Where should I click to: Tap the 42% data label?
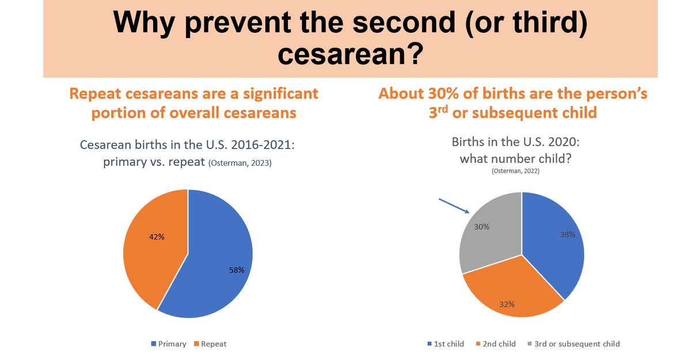pyautogui.click(x=157, y=237)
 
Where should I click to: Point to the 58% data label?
pyautogui.click(x=237, y=270)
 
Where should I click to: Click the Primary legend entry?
pyautogui.click(x=169, y=344)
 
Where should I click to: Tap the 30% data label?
pyautogui.click(x=482, y=226)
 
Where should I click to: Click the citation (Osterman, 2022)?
pyautogui.click(x=515, y=171)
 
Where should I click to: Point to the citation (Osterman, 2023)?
pyautogui.click(x=240, y=164)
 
